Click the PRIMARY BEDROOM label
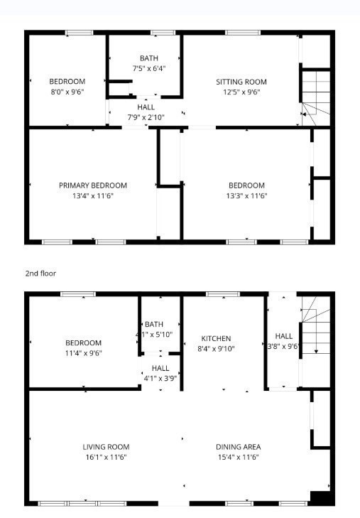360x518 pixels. click(93, 185)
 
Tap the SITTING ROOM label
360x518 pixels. click(241, 82)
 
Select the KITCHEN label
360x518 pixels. click(216, 339)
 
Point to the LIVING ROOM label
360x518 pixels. click(106, 447)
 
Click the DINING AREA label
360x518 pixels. click(239, 447)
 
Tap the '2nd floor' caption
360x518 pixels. click(40, 273)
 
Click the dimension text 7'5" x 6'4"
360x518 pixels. click(149, 68)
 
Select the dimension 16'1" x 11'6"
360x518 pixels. click(106, 457)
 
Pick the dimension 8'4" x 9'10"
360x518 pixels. click(216, 348)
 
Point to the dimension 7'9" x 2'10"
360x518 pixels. click(146, 117)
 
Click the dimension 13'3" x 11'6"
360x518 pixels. click(246, 195)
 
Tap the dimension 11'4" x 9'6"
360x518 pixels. click(83, 353)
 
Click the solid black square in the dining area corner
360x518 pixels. click(320, 498)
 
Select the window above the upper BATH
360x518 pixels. click(163, 33)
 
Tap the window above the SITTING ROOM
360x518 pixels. click(243, 33)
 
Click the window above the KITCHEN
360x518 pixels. click(223, 294)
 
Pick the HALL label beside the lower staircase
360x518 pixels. click(284, 336)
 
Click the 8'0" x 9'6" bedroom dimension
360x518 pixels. click(67, 92)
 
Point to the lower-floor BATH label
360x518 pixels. click(154, 325)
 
